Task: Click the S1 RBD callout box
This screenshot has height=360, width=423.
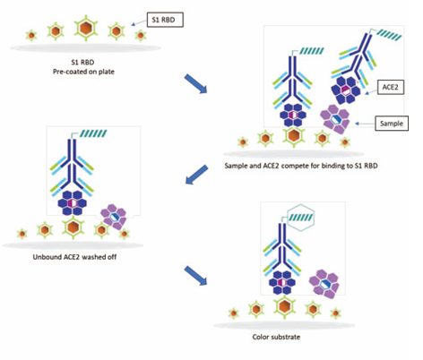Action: (165, 20)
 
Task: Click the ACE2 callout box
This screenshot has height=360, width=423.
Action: (391, 87)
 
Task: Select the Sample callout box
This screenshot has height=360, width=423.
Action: (392, 124)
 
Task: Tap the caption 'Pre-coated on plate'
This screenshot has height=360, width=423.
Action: (83, 72)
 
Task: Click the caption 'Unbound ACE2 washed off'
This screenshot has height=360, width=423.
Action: (74, 257)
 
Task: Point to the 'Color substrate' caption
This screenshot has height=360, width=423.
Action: (276, 337)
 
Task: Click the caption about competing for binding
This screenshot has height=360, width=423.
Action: (301, 166)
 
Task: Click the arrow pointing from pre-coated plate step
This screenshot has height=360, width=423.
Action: (195, 83)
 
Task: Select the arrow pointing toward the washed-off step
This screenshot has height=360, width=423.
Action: (196, 175)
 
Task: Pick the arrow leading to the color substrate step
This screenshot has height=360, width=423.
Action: (195, 276)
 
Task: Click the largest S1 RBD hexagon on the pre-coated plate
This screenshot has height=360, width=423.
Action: (86, 28)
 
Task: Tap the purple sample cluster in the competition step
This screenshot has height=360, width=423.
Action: (335, 119)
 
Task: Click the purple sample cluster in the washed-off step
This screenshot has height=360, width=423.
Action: (114, 217)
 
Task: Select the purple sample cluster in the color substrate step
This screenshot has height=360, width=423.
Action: (324, 284)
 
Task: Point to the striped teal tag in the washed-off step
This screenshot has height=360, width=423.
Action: (93, 133)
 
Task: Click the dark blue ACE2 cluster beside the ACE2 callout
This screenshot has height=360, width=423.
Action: (345, 90)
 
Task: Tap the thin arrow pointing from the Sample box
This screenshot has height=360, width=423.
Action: (365, 124)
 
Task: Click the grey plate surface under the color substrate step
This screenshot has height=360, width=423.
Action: (284, 325)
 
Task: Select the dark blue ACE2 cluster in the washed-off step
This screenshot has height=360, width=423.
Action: (72, 203)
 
